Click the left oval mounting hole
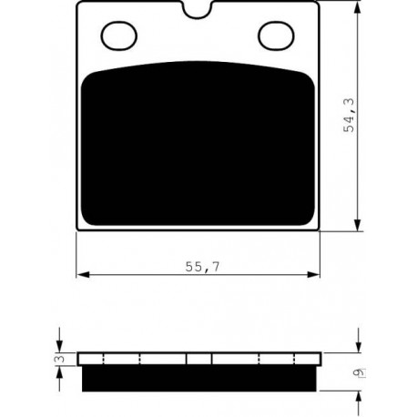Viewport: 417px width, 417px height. [118, 36]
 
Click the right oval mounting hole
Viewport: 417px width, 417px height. [276, 36]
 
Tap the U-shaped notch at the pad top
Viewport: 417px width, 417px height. [198, 11]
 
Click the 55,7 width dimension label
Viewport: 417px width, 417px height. [202, 267]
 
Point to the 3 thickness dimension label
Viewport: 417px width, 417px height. [61, 359]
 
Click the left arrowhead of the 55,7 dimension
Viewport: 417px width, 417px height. [83, 275]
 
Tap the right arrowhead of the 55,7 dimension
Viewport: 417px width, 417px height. [313, 275]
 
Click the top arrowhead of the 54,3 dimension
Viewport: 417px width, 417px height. [358, 6]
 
